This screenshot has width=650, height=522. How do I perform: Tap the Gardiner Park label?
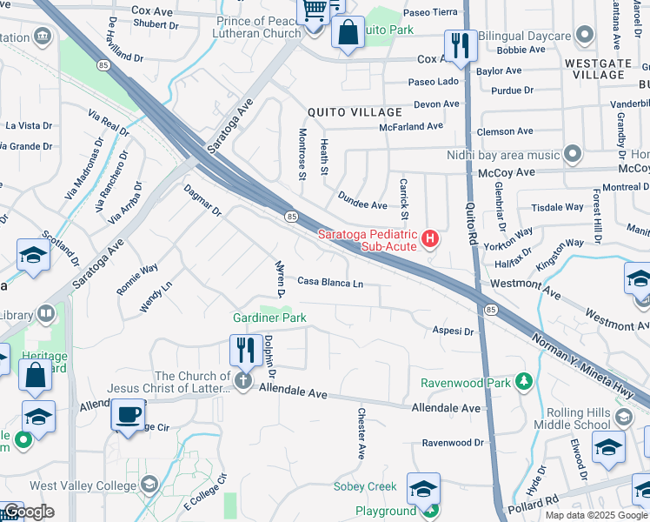click(x=269, y=319)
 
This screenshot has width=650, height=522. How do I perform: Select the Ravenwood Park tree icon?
click(x=523, y=382)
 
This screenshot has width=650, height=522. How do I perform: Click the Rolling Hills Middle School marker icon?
click(x=623, y=418)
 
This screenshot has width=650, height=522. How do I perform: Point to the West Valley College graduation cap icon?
click(x=149, y=485)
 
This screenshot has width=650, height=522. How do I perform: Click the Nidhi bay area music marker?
click(x=572, y=155)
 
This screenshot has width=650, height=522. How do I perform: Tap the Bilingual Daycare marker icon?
click(x=585, y=36)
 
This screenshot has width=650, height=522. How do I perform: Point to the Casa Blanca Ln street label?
click(x=329, y=282)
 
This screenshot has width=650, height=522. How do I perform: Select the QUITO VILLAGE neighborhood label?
click(x=355, y=112)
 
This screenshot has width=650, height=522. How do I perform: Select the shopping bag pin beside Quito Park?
click(x=348, y=33)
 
